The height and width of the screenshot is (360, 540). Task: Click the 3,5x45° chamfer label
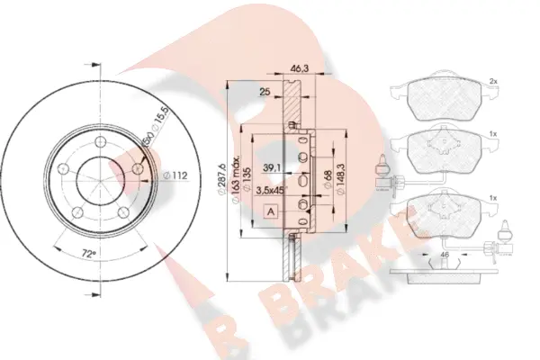point(272,190)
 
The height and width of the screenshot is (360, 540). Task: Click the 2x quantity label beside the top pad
point(494,81)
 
